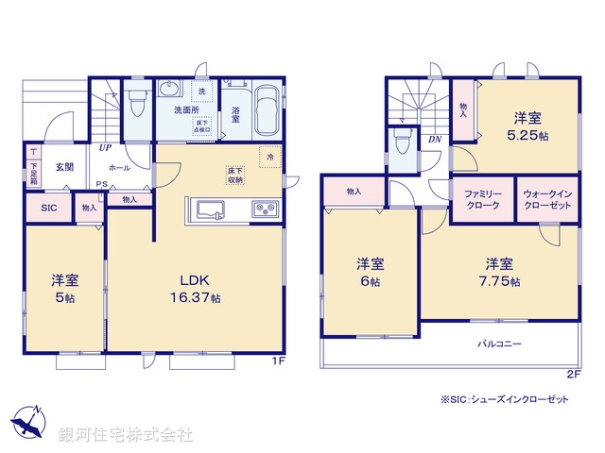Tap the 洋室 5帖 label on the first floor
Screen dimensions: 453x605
pos(63,288)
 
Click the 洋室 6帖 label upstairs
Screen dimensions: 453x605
pos(369,272)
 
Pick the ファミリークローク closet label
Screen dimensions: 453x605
pos(481,199)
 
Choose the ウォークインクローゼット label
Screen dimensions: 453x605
pos(546,199)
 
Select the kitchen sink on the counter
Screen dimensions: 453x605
pos(207,209)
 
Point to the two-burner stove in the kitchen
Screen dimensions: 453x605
pos(262,209)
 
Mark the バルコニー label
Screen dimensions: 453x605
pos(498,344)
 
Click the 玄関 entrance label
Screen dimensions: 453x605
pos(63,166)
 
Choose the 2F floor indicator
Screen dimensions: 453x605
pos(573,375)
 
